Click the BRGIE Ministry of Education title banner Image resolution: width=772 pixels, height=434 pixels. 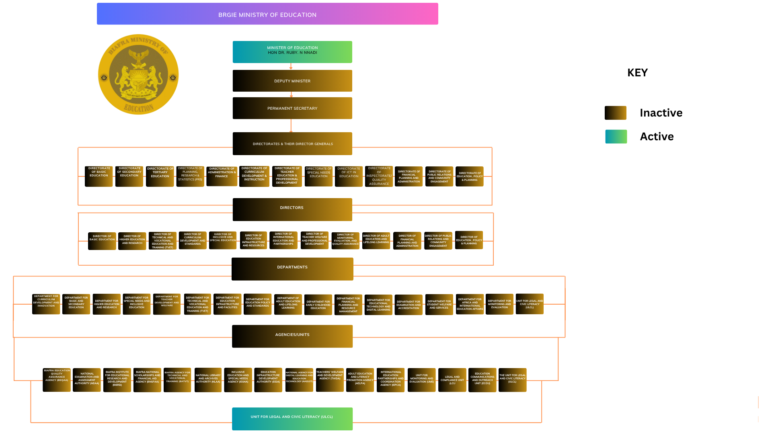[267, 14]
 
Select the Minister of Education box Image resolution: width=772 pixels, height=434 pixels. [292, 52]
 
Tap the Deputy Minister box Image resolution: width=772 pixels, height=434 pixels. [292, 81]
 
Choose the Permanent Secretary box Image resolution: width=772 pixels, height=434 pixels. [292, 108]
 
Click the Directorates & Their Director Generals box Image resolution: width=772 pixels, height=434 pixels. [292, 143]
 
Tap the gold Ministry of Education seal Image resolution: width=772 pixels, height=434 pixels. [138, 74]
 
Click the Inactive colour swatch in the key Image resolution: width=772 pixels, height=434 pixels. [616, 113]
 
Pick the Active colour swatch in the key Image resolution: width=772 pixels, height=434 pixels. [616, 137]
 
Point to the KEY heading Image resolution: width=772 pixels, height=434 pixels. [637, 73]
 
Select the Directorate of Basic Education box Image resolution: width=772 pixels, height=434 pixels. [99, 176]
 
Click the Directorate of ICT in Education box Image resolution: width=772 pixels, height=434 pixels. [349, 176]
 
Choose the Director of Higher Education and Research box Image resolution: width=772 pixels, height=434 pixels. [132, 241]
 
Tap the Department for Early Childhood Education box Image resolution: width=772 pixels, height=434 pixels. [318, 305]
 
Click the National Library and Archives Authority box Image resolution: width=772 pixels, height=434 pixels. [208, 380]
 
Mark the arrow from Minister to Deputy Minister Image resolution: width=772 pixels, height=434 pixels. [291, 66]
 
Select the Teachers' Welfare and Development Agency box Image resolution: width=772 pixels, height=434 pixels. [330, 380]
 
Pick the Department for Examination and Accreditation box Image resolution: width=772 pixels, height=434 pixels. [409, 305]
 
